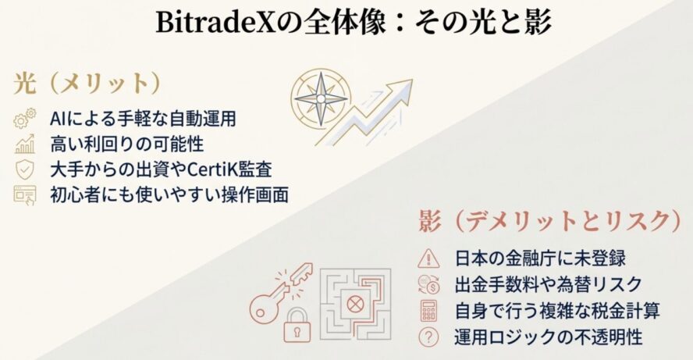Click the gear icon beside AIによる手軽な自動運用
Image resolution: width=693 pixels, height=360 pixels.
(25, 119)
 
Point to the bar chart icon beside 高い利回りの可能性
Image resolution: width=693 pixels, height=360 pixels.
(25, 144)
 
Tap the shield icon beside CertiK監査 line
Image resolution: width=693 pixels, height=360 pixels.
(25, 169)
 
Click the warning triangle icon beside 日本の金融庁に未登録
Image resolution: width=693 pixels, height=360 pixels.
(428, 258)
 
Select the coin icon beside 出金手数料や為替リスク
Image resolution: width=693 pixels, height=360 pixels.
(428, 283)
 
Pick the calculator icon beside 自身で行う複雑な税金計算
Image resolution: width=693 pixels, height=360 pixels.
(428, 310)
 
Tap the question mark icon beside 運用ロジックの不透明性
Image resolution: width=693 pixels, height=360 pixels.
(428, 337)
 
